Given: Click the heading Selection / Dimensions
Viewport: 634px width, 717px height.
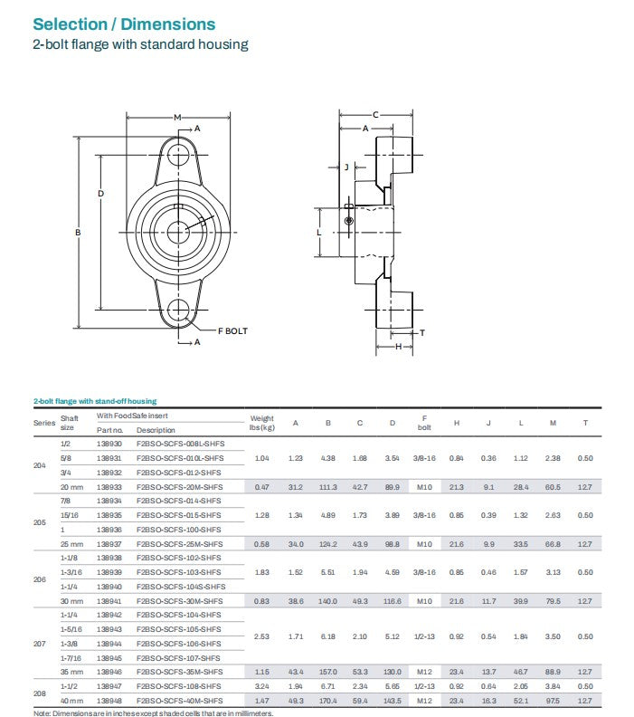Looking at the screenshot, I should click(124, 24).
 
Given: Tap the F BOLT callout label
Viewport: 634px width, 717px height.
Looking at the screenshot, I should click(232, 331).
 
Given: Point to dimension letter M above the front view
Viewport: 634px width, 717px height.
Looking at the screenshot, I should click(177, 117).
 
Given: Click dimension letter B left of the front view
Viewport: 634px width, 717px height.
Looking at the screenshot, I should click(79, 233).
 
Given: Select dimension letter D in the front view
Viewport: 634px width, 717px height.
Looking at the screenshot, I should click(101, 193).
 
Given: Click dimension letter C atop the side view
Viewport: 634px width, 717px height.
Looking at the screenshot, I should click(375, 114).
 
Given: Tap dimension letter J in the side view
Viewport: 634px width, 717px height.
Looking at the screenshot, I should click(345, 167).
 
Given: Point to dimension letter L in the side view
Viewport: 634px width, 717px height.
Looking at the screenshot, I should click(320, 233).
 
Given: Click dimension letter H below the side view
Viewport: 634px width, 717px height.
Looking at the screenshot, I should click(397, 347).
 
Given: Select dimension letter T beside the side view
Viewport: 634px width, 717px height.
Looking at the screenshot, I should click(421, 333).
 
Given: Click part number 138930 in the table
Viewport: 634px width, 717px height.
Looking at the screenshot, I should click(109, 444).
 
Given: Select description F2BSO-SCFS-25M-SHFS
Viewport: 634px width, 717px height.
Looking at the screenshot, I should click(179, 543).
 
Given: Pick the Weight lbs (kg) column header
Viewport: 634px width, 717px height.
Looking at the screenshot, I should click(261, 423).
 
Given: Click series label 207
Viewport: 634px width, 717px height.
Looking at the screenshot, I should click(40, 644).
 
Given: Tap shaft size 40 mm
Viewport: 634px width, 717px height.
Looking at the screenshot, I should click(71, 701).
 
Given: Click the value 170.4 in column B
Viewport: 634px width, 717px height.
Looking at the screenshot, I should click(327, 701).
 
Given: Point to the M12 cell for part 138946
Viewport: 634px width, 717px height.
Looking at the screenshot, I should click(424, 672).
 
